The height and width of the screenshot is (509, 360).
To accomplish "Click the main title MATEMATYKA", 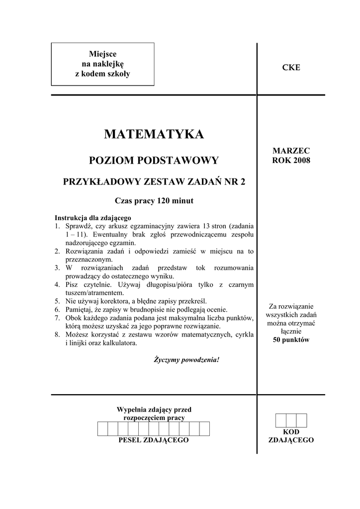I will coord(154,134).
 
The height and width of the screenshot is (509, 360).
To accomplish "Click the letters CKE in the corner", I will coord(291,68).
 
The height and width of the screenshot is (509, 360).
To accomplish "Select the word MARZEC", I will coord(291,150).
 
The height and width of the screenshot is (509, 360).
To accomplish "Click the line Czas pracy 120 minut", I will coord(154,201).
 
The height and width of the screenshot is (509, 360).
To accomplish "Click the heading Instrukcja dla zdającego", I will coord(92,218).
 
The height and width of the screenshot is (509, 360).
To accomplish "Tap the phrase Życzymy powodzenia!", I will coord(186,359).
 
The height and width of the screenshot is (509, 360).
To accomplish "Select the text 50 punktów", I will coord(291,340).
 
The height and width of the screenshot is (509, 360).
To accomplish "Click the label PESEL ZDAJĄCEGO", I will coord(154,440).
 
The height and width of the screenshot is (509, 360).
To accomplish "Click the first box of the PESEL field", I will coord(102,428).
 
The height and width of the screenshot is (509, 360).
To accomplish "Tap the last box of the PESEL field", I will coord(204,428).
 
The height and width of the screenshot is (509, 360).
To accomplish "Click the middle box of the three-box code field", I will coord(291,420).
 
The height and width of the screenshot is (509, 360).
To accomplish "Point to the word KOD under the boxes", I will coord(291,432).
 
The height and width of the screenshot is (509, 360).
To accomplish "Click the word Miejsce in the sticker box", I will coord(102,54).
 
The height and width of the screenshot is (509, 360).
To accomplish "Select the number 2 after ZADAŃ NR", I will coord(243,182).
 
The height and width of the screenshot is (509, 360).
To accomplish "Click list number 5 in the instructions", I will coord(57,301).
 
